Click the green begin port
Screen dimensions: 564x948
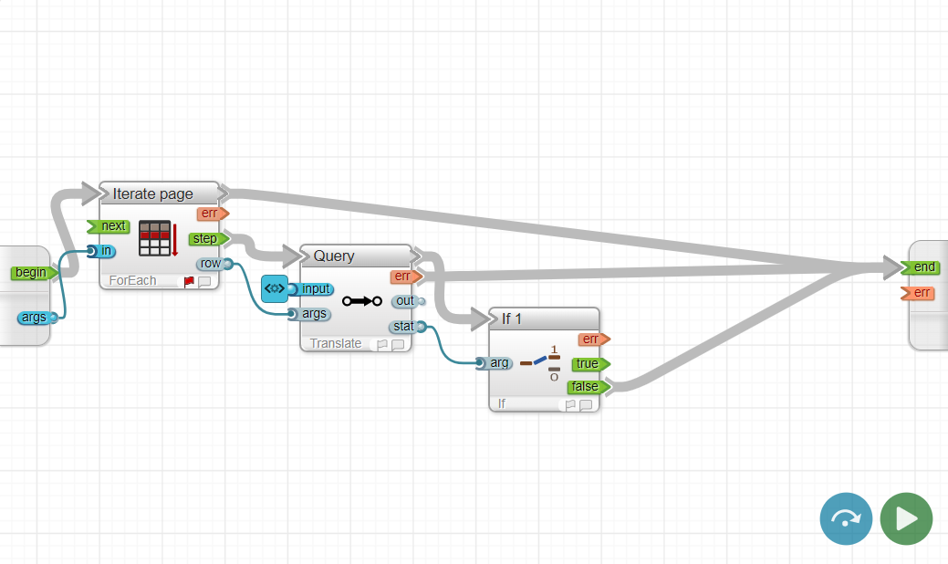[x=33, y=272]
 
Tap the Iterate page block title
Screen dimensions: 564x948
[x=152, y=193]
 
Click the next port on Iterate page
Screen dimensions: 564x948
[x=110, y=226]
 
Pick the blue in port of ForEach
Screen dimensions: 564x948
[x=103, y=251]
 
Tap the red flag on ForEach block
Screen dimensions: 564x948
[x=189, y=282]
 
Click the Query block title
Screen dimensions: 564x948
[x=334, y=256]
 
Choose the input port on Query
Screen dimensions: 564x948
[x=313, y=289]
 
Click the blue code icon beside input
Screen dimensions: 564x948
[x=274, y=288]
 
